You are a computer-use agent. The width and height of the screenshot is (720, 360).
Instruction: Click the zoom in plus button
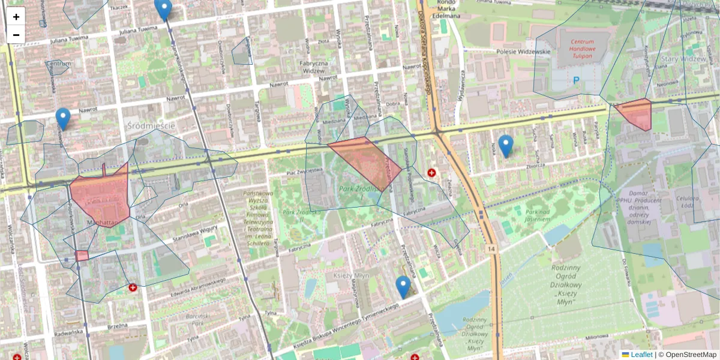[16, 17]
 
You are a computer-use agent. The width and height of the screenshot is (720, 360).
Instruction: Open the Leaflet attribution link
[641, 355]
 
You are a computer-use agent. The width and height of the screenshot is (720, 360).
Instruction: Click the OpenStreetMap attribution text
[691, 355]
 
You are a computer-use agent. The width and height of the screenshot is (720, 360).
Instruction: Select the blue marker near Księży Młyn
[403, 287]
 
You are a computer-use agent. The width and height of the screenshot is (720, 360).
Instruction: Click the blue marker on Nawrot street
[63, 118]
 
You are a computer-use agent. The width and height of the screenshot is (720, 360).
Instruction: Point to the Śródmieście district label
[151, 125]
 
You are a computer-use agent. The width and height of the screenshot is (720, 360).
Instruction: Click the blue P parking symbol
[576, 80]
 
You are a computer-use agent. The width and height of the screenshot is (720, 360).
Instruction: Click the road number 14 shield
[491, 248]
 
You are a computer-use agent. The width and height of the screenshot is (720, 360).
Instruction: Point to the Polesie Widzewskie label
[523, 52]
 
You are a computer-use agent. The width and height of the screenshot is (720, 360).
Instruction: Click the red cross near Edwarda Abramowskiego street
[133, 288]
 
